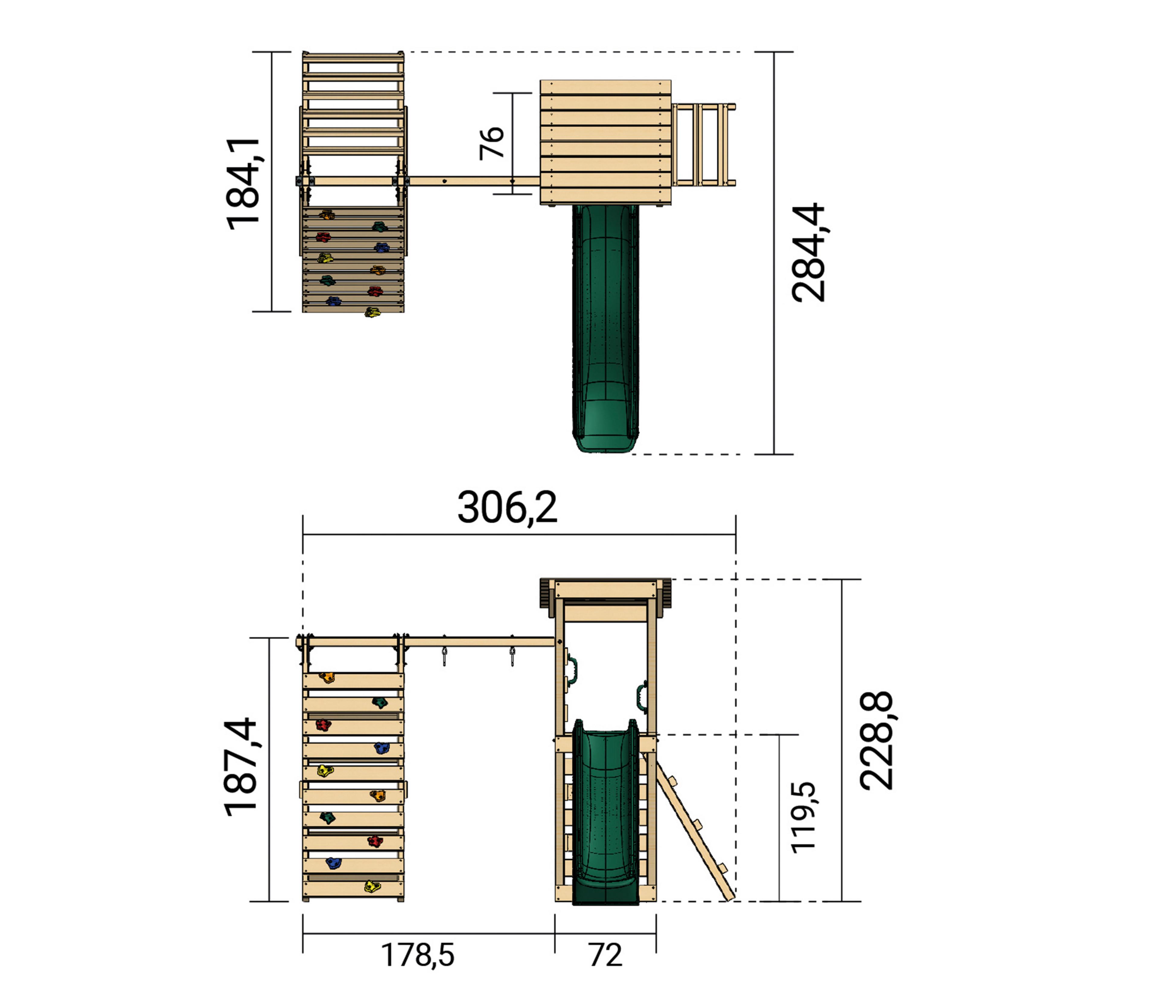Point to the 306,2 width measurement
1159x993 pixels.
(x=507, y=508)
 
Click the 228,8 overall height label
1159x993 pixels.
(x=876, y=741)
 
